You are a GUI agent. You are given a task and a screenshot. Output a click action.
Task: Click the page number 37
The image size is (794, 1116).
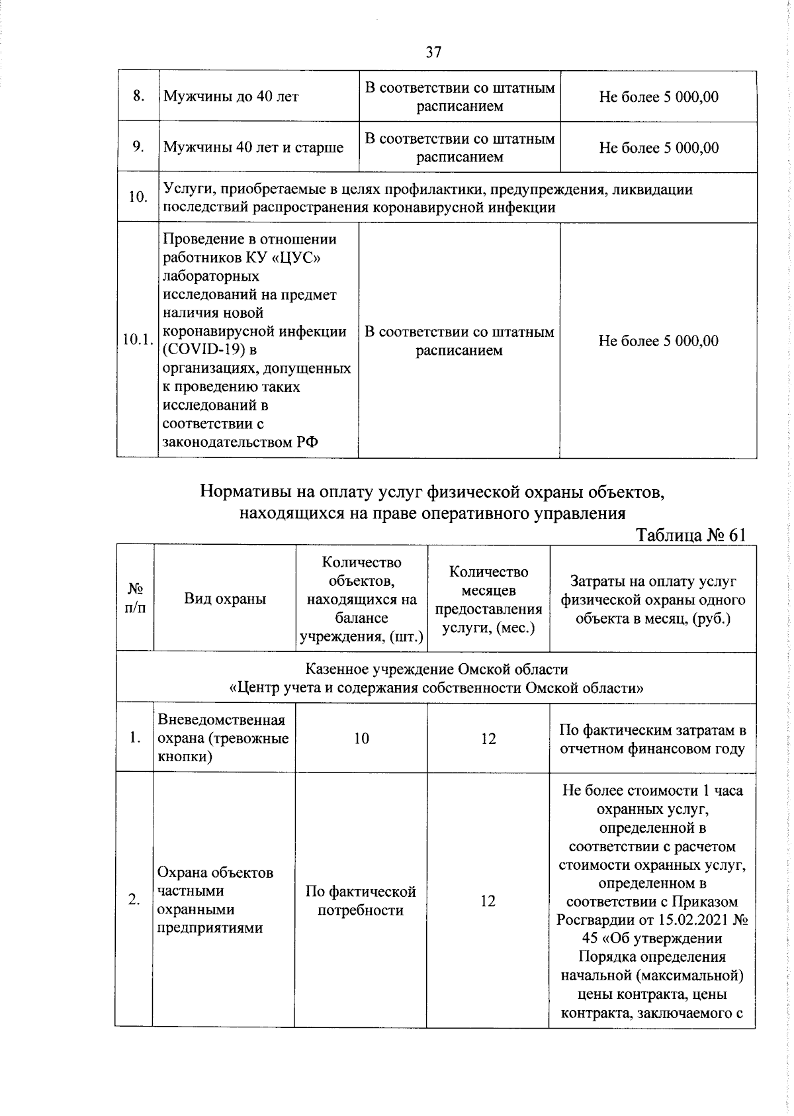433,52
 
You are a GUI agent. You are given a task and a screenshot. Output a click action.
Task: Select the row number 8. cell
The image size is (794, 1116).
138,97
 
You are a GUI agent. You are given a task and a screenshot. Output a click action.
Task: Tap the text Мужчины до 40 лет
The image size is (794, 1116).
231,97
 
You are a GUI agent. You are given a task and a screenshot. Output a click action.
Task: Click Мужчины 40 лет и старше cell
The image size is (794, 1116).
253,148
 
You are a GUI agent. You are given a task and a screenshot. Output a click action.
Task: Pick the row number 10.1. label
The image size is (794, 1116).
138,340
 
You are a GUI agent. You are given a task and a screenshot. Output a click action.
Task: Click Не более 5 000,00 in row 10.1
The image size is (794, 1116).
658,341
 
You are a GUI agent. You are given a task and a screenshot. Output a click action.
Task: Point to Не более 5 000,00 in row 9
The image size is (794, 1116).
658,148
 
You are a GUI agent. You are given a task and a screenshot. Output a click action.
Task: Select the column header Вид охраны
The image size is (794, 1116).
225,599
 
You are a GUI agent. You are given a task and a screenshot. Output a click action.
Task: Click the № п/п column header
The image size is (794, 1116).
135,598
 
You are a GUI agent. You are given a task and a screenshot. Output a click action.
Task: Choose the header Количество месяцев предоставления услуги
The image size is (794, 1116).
488,599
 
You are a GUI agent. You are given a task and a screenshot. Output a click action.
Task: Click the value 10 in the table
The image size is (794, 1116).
361,739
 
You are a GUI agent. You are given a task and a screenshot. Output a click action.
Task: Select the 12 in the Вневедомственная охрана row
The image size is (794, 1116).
488,739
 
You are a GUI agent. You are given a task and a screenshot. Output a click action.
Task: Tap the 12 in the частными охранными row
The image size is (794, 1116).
488,901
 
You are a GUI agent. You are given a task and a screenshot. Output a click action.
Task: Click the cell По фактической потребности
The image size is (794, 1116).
361,901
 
